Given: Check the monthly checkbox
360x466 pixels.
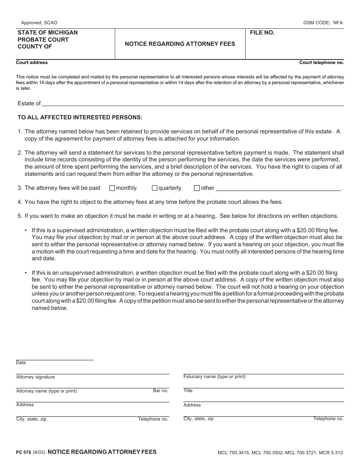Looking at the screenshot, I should [x=112, y=188].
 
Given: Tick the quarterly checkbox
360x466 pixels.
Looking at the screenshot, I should [x=154, y=188].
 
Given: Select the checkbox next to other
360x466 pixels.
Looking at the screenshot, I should [x=197, y=188].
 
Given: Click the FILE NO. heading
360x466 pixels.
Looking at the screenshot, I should [x=262, y=33].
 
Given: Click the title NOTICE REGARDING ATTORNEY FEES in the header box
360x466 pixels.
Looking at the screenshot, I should [x=180, y=44].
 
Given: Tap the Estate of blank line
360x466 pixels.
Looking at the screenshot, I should [x=193, y=103].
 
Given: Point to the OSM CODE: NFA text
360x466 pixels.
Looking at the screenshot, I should [x=323, y=23].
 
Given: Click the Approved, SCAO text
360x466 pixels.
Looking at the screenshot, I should [x=39, y=23].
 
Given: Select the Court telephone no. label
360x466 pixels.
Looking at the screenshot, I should [x=321, y=63].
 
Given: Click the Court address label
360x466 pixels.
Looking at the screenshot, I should [x=32, y=63].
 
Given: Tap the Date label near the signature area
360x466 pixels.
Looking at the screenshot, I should [x=21, y=363].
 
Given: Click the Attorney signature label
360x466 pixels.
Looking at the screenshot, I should [x=35, y=377].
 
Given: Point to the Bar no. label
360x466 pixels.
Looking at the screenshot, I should [x=160, y=391].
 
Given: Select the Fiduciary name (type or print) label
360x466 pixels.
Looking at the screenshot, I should [x=214, y=377].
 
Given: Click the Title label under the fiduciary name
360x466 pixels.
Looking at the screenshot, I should [x=188, y=391].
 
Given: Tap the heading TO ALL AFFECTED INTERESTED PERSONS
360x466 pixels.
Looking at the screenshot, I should [x=80, y=117].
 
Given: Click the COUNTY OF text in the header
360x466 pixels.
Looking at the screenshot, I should [x=35, y=47].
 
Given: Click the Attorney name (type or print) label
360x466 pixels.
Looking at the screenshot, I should [x=46, y=391].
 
